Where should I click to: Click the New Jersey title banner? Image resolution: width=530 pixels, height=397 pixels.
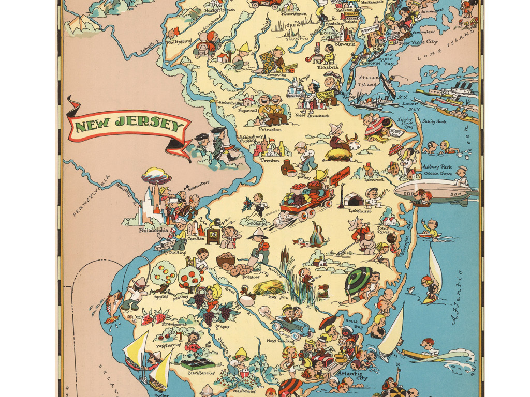point(128,126)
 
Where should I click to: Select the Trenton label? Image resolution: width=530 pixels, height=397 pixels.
point(270,161)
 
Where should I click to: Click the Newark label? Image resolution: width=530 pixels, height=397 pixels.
point(345,44)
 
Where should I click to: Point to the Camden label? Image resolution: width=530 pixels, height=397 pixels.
point(197,238)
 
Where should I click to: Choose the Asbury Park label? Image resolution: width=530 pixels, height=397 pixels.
point(437,167)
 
